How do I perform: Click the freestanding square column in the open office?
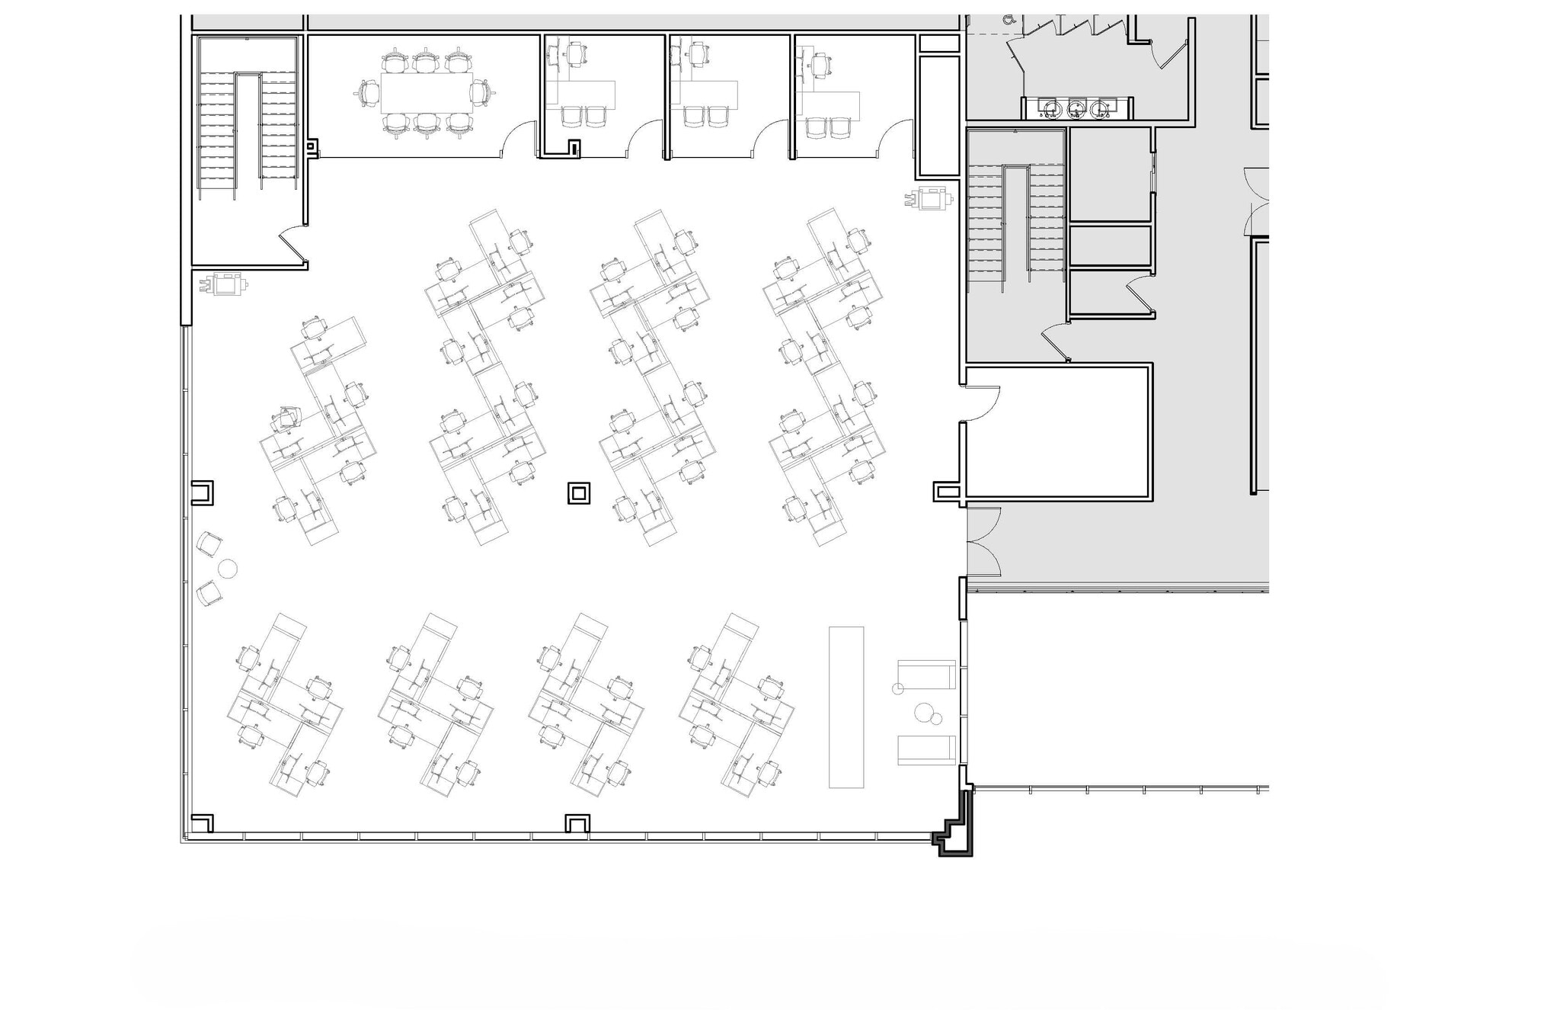click(578, 493)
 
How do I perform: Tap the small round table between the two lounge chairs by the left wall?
click(228, 568)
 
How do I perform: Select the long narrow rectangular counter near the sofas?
click(846, 707)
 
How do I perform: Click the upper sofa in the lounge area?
click(926, 675)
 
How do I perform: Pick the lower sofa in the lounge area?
click(926, 749)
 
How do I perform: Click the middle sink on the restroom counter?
click(1076, 108)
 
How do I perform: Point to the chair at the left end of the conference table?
click(369, 94)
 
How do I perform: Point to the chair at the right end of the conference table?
click(481, 94)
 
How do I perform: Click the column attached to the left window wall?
click(202, 492)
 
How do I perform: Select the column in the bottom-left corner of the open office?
click(202, 823)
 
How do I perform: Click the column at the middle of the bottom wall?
click(577, 823)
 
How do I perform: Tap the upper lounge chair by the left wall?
click(209, 544)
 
